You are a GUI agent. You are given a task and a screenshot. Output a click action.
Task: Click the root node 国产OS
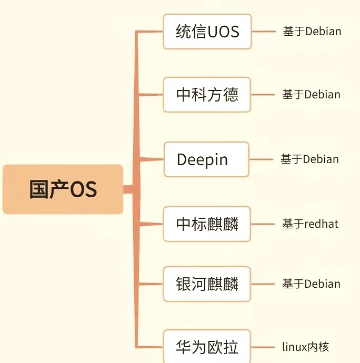[63, 189]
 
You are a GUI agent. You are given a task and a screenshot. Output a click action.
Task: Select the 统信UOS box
[207, 32]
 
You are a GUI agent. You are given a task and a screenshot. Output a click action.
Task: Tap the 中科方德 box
[207, 95]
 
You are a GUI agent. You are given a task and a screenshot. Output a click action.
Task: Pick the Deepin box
[206, 159]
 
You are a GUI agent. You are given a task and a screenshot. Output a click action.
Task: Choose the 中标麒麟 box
[207, 224]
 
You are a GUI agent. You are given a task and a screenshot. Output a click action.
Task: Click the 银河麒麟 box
[207, 284]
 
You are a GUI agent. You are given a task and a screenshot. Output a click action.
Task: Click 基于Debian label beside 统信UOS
[312, 32]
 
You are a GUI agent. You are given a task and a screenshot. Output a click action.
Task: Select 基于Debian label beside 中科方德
[311, 95]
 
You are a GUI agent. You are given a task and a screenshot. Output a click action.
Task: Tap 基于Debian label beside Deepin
[309, 159]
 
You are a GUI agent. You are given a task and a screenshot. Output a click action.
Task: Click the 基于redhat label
[310, 224]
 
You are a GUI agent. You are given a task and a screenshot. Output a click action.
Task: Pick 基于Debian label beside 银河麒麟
[311, 284]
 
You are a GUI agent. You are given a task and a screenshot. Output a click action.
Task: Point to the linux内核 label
[306, 347]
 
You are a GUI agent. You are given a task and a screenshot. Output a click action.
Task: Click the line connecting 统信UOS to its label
[264, 32]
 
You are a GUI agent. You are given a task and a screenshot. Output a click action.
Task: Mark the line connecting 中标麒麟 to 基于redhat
[263, 224]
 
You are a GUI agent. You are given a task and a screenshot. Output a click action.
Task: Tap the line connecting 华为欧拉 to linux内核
[263, 347]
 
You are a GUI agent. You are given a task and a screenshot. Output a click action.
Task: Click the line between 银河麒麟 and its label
[263, 284]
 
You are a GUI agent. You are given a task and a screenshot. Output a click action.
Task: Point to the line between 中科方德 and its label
[263, 95]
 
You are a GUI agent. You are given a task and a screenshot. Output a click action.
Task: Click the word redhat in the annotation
[322, 224]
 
